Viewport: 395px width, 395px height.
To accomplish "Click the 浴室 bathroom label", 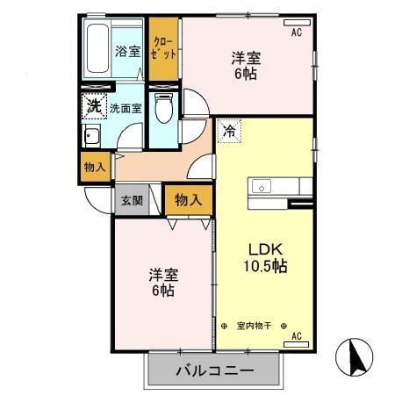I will pos(128,50).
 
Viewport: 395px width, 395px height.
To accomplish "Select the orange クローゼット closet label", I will pos(163,47).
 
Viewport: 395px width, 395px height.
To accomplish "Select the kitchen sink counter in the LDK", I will pos(281,187).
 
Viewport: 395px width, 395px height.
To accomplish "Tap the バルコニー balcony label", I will pos(214,370).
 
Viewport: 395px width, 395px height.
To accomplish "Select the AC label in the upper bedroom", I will pos(296,32).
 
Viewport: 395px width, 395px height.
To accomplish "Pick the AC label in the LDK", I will pos(296,335).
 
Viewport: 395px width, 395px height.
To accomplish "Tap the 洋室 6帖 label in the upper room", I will pos(247,67).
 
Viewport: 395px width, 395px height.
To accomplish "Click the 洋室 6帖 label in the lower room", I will pos(161,281).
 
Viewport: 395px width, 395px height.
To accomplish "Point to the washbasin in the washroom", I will pos(91,136).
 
